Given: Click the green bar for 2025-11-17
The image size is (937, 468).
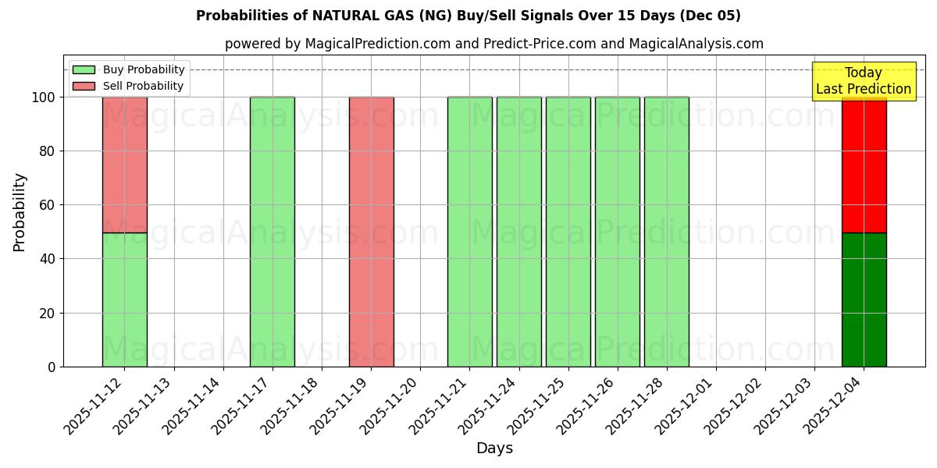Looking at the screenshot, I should pyautogui.click(x=273, y=232).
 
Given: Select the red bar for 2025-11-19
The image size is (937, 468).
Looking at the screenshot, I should pyautogui.click(x=371, y=232).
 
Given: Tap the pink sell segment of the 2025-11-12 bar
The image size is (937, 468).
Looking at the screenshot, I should pyautogui.click(x=125, y=165).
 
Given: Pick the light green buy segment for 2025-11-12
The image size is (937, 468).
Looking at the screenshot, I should pyautogui.click(x=125, y=300).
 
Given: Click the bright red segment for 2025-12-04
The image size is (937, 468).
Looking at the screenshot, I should pyautogui.click(x=864, y=165).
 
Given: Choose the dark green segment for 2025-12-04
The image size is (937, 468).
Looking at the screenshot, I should pyautogui.click(x=864, y=300).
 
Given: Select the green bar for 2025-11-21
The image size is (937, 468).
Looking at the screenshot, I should pyautogui.click(x=469, y=232).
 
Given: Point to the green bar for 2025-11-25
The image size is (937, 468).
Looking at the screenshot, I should pyautogui.click(x=568, y=232).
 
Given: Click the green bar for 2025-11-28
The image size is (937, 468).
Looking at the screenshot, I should pyautogui.click(x=666, y=232).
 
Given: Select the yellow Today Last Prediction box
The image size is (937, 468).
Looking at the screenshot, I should pyautogui.click(x=864, y=81).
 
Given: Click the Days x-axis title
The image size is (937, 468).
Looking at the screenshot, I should pyautogui.click(x=494, y=448).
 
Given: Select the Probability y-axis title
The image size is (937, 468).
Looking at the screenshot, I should pyautogui.click(x=20, y=211).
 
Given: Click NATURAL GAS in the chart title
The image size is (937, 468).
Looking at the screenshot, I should pyautogui.click(x=356, y=16).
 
